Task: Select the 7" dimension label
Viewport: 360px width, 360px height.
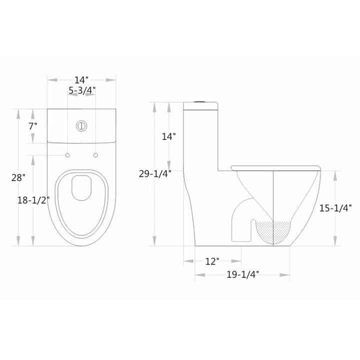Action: point(33,126)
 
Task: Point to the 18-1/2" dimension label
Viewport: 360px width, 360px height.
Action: point(33,200)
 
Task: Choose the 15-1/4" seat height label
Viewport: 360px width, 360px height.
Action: point(335,208)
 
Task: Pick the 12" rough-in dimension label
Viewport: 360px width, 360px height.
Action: point(212,261)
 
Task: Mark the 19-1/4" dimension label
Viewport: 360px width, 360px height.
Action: point(242,275)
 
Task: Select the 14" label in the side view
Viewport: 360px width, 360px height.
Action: point(169,136)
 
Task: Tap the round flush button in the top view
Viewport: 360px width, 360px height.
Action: point(81,125)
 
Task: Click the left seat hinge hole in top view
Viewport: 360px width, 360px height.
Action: point(67,156)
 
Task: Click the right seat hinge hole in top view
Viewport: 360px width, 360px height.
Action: point(95,156)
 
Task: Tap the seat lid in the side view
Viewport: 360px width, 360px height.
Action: point(275,167)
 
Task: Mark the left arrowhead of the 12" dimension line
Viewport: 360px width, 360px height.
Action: point(185,261)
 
